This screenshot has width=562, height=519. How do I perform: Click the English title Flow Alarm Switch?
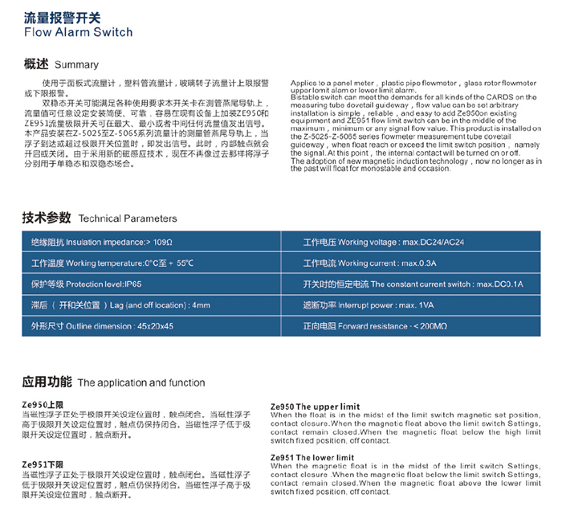tap(78, 32)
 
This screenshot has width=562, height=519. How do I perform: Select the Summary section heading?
tap(61, 64)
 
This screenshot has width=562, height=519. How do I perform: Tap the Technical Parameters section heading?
tap(100, 218)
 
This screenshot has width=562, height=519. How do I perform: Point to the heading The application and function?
tap(113, 382)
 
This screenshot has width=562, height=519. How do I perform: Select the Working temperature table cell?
tap(112, 263)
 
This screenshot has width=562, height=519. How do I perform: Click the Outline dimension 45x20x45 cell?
tap(102, 327)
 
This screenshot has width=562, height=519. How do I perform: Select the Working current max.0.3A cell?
tap(359, 263)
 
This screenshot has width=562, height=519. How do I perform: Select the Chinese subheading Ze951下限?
tap(42, 464)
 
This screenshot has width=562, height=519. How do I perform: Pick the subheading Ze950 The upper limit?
tap(316, 407)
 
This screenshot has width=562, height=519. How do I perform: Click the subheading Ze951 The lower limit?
tap(312, 457)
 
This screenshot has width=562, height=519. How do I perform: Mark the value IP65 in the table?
tap(132, 284)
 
